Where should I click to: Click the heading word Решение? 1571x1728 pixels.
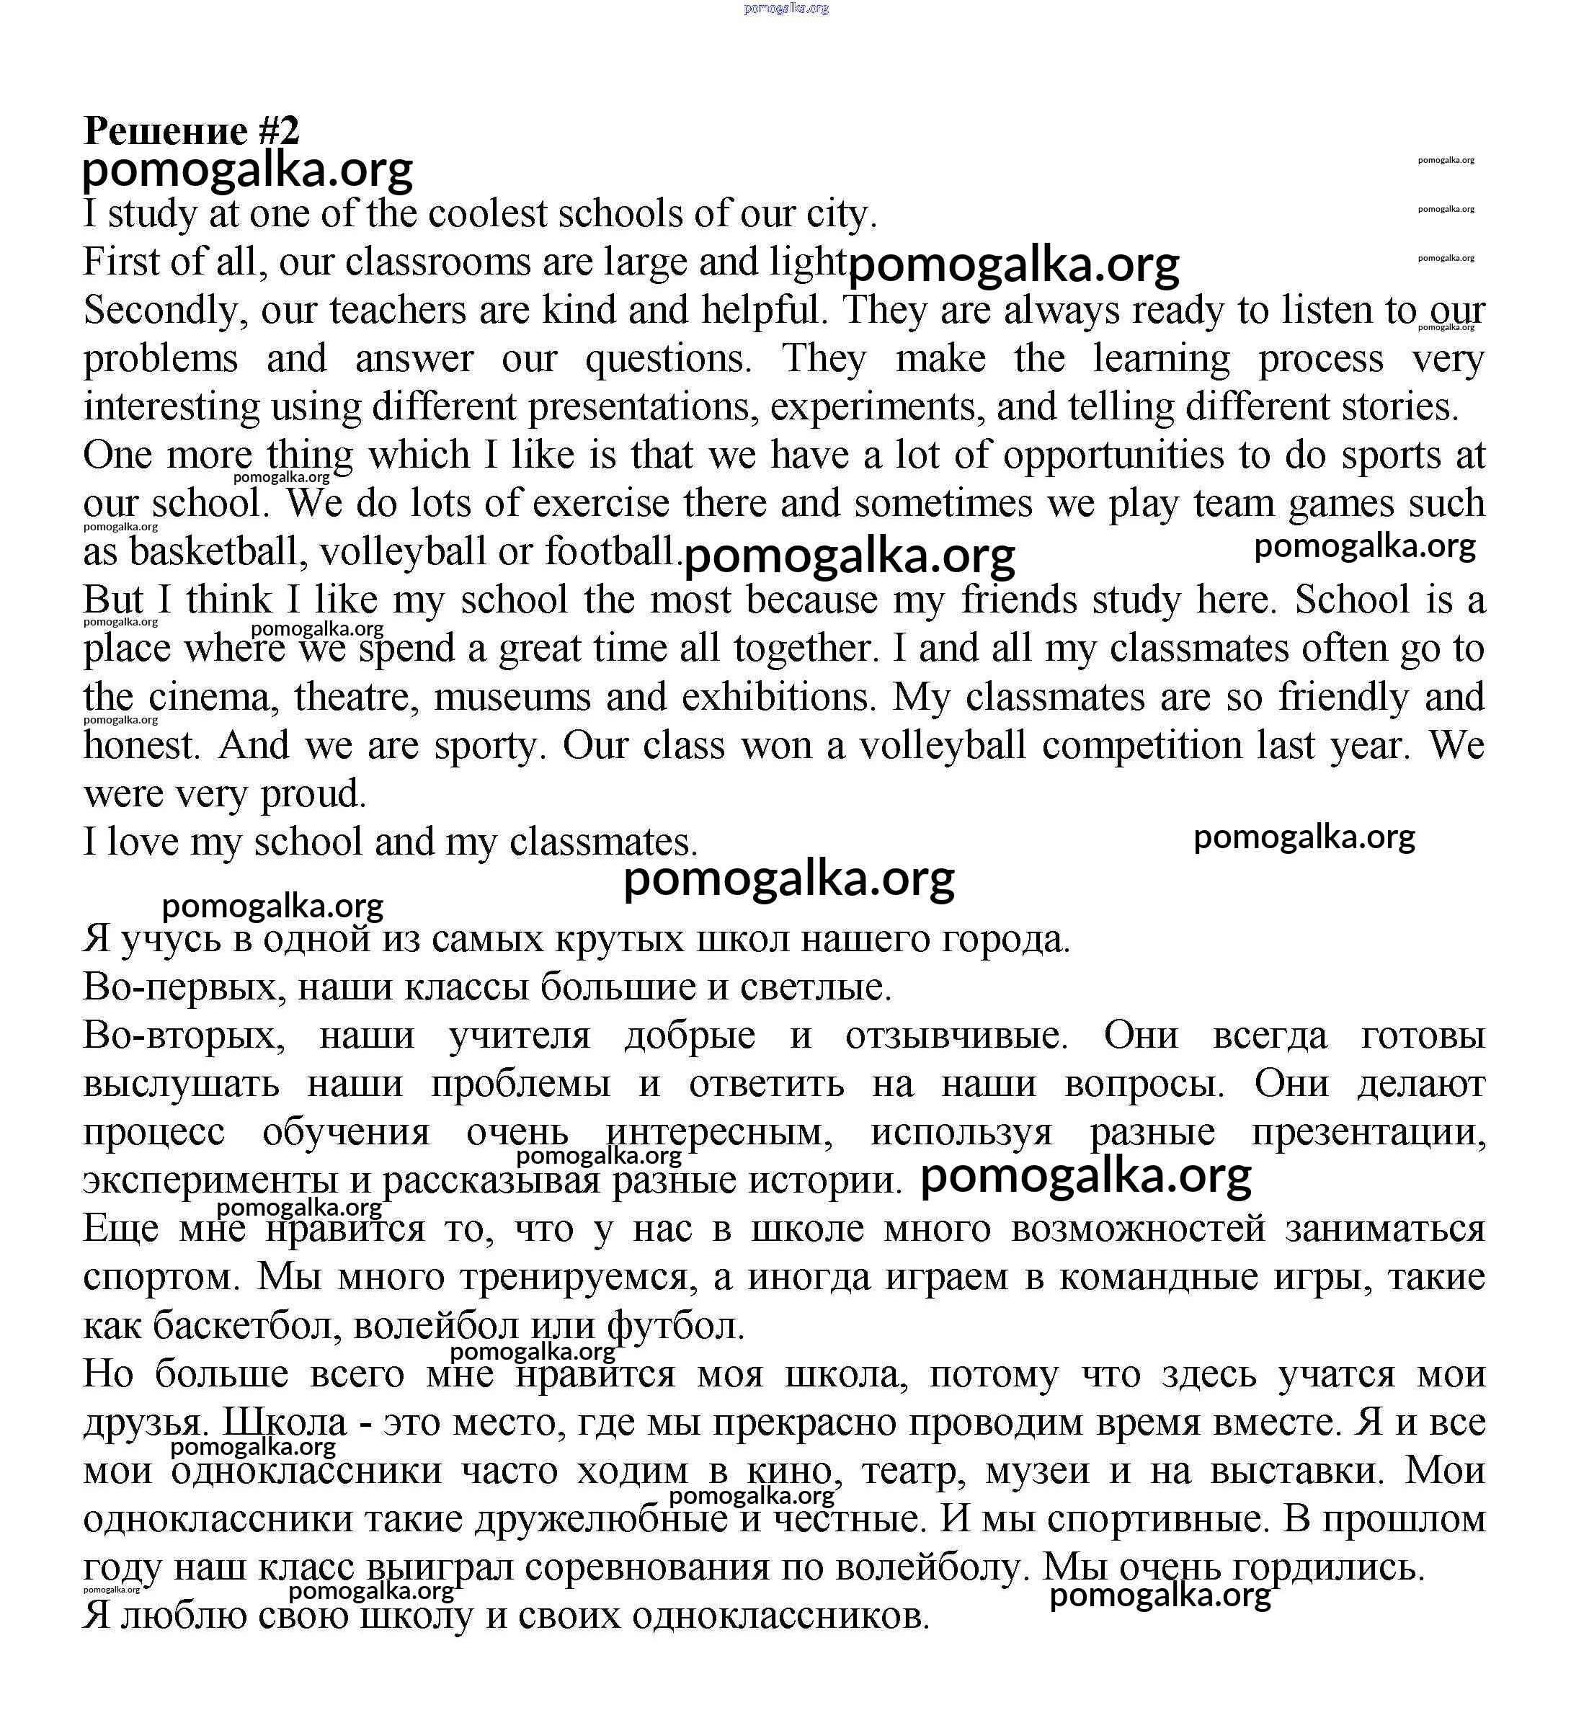[164, 131]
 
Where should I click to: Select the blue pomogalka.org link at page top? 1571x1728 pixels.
[786, 9]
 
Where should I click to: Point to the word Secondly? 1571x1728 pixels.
[162, 311]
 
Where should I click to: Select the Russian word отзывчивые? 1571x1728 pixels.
[956, 1036]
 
